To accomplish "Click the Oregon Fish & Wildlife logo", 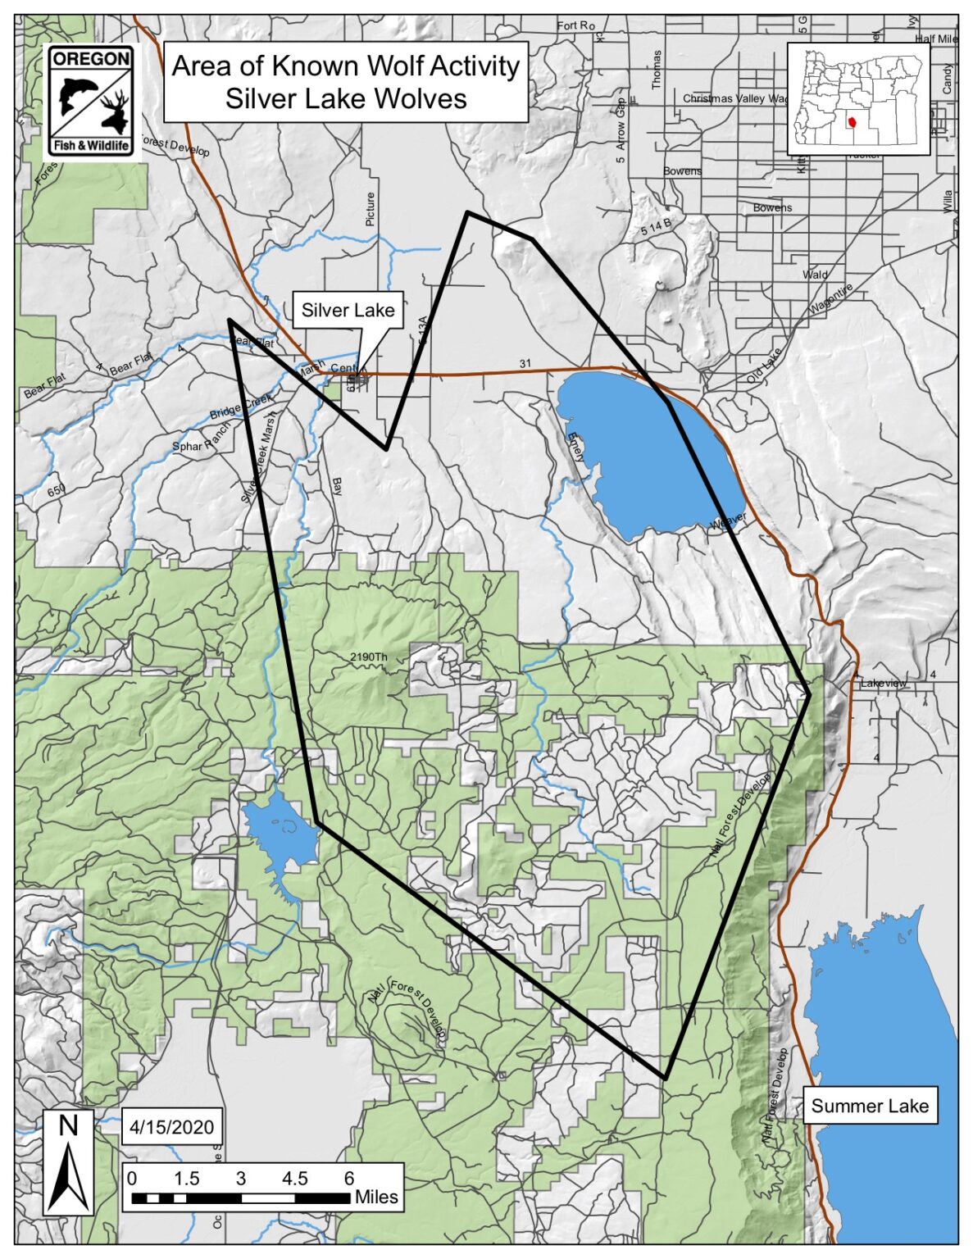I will coord(90,102).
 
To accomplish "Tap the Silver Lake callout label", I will coord(348,311).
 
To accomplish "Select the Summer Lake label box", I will coord(870,1107).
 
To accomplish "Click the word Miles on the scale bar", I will coord(376,1197).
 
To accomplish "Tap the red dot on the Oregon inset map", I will coord(853,123).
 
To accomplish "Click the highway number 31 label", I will coord(525,363).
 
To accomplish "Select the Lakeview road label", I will coord(884,683).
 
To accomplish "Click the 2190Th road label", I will coord(368,657).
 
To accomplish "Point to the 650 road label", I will coord(56,491).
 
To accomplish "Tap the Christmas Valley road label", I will coord(734,98).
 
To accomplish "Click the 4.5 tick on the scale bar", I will coord(294,1179).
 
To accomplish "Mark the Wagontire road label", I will coord(832,299).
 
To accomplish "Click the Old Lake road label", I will coord(765,366).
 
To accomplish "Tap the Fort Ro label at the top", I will coord(575,25).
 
